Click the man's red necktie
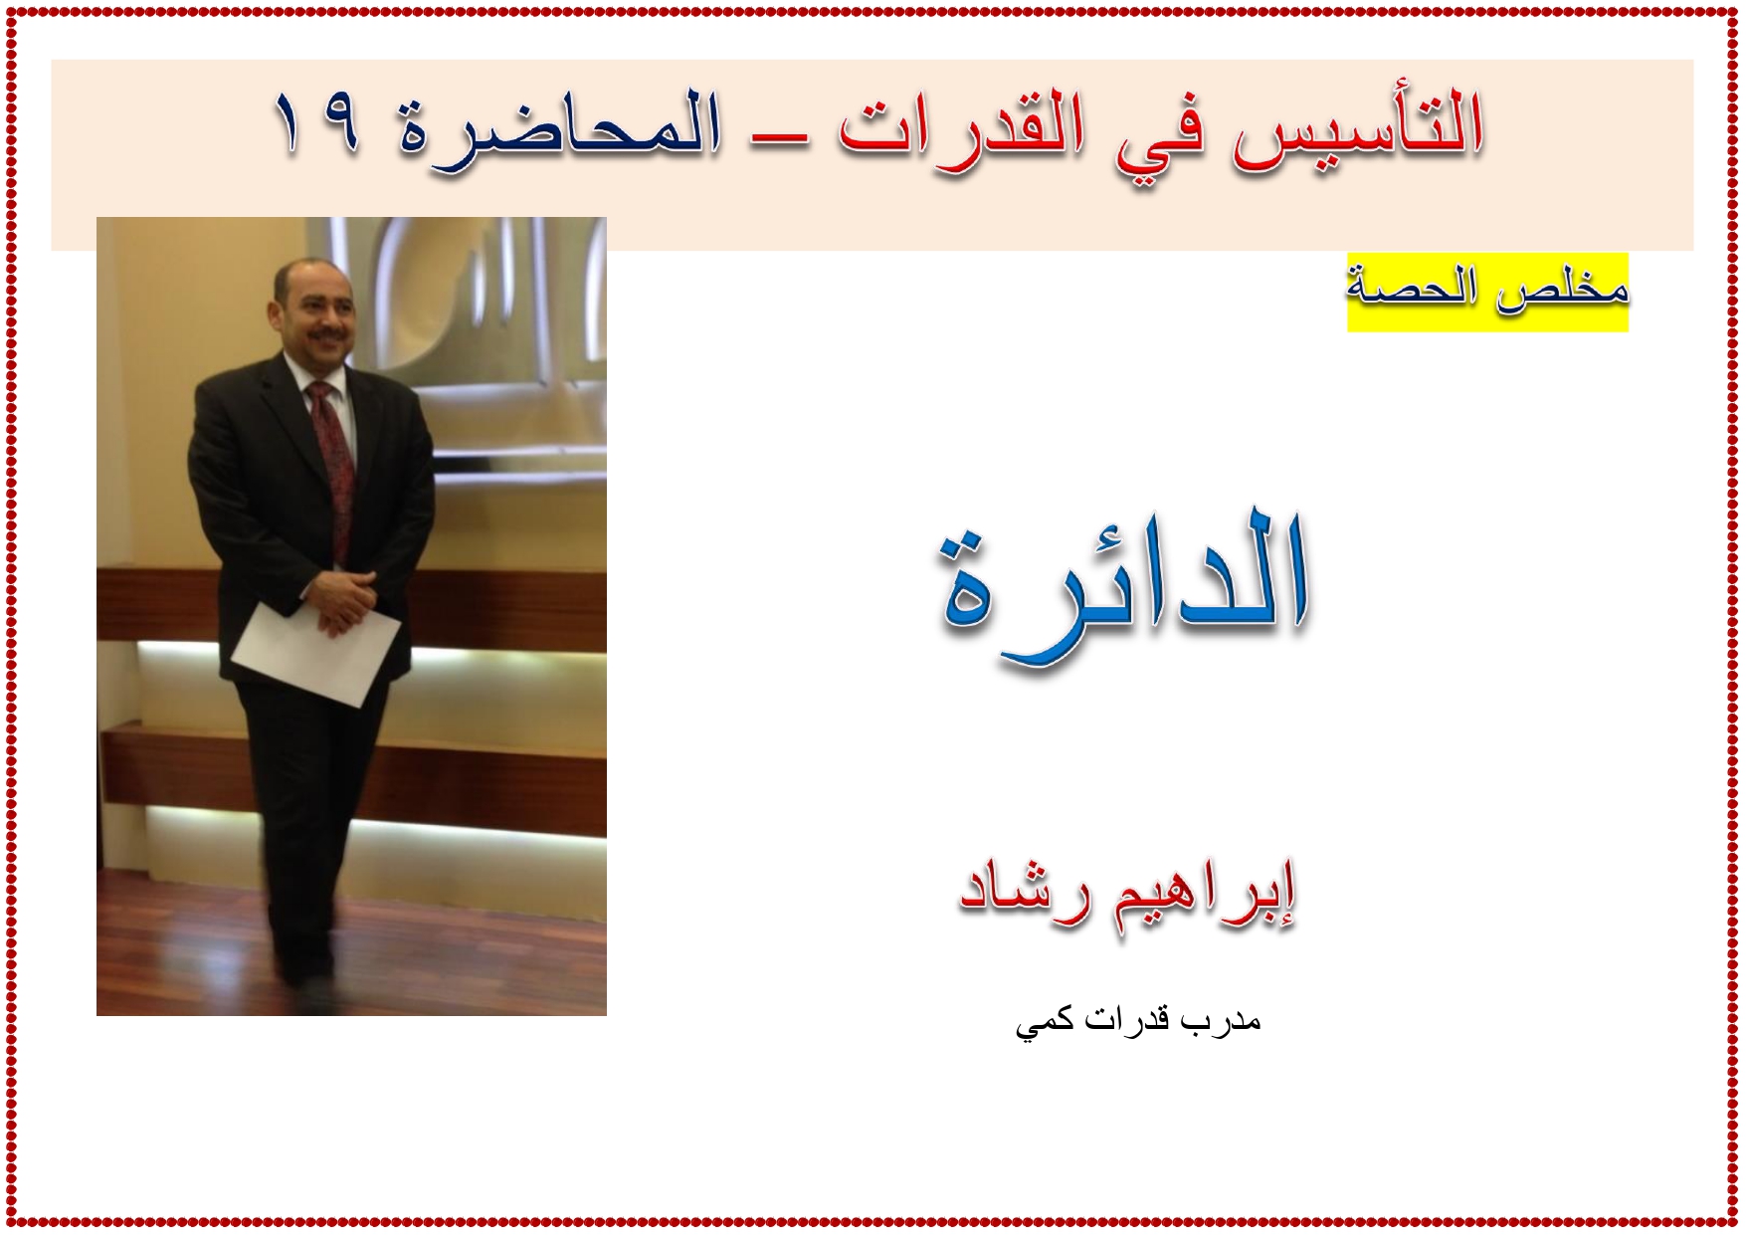click(334, 448)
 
